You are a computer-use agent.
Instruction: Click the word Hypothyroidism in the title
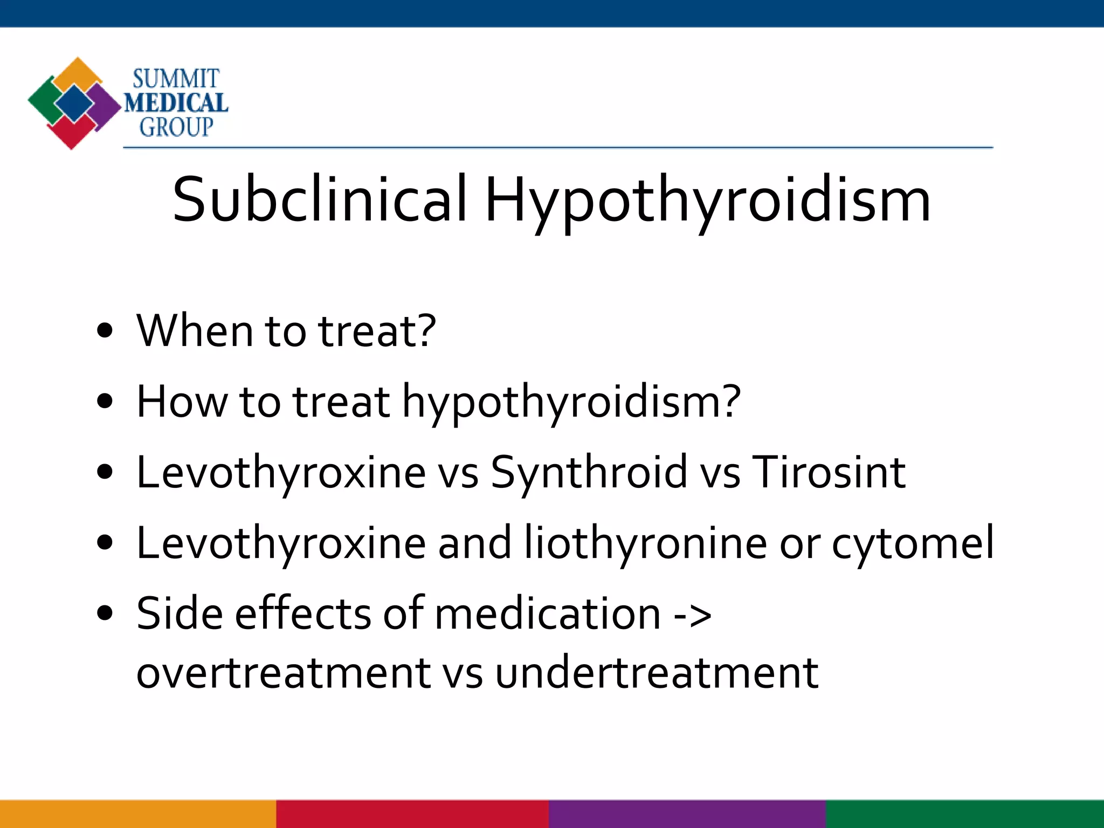707,201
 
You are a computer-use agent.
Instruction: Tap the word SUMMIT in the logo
176,79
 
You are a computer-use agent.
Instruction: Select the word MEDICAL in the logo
176,103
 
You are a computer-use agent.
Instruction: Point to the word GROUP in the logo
176,127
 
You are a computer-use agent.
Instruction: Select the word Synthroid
589,473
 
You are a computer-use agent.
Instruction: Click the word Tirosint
828,473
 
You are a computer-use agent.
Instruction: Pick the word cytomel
912,543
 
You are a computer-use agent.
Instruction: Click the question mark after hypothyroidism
730,402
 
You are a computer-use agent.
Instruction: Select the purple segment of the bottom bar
687,814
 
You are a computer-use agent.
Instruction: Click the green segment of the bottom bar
965,814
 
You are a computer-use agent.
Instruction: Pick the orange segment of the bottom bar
138,814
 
